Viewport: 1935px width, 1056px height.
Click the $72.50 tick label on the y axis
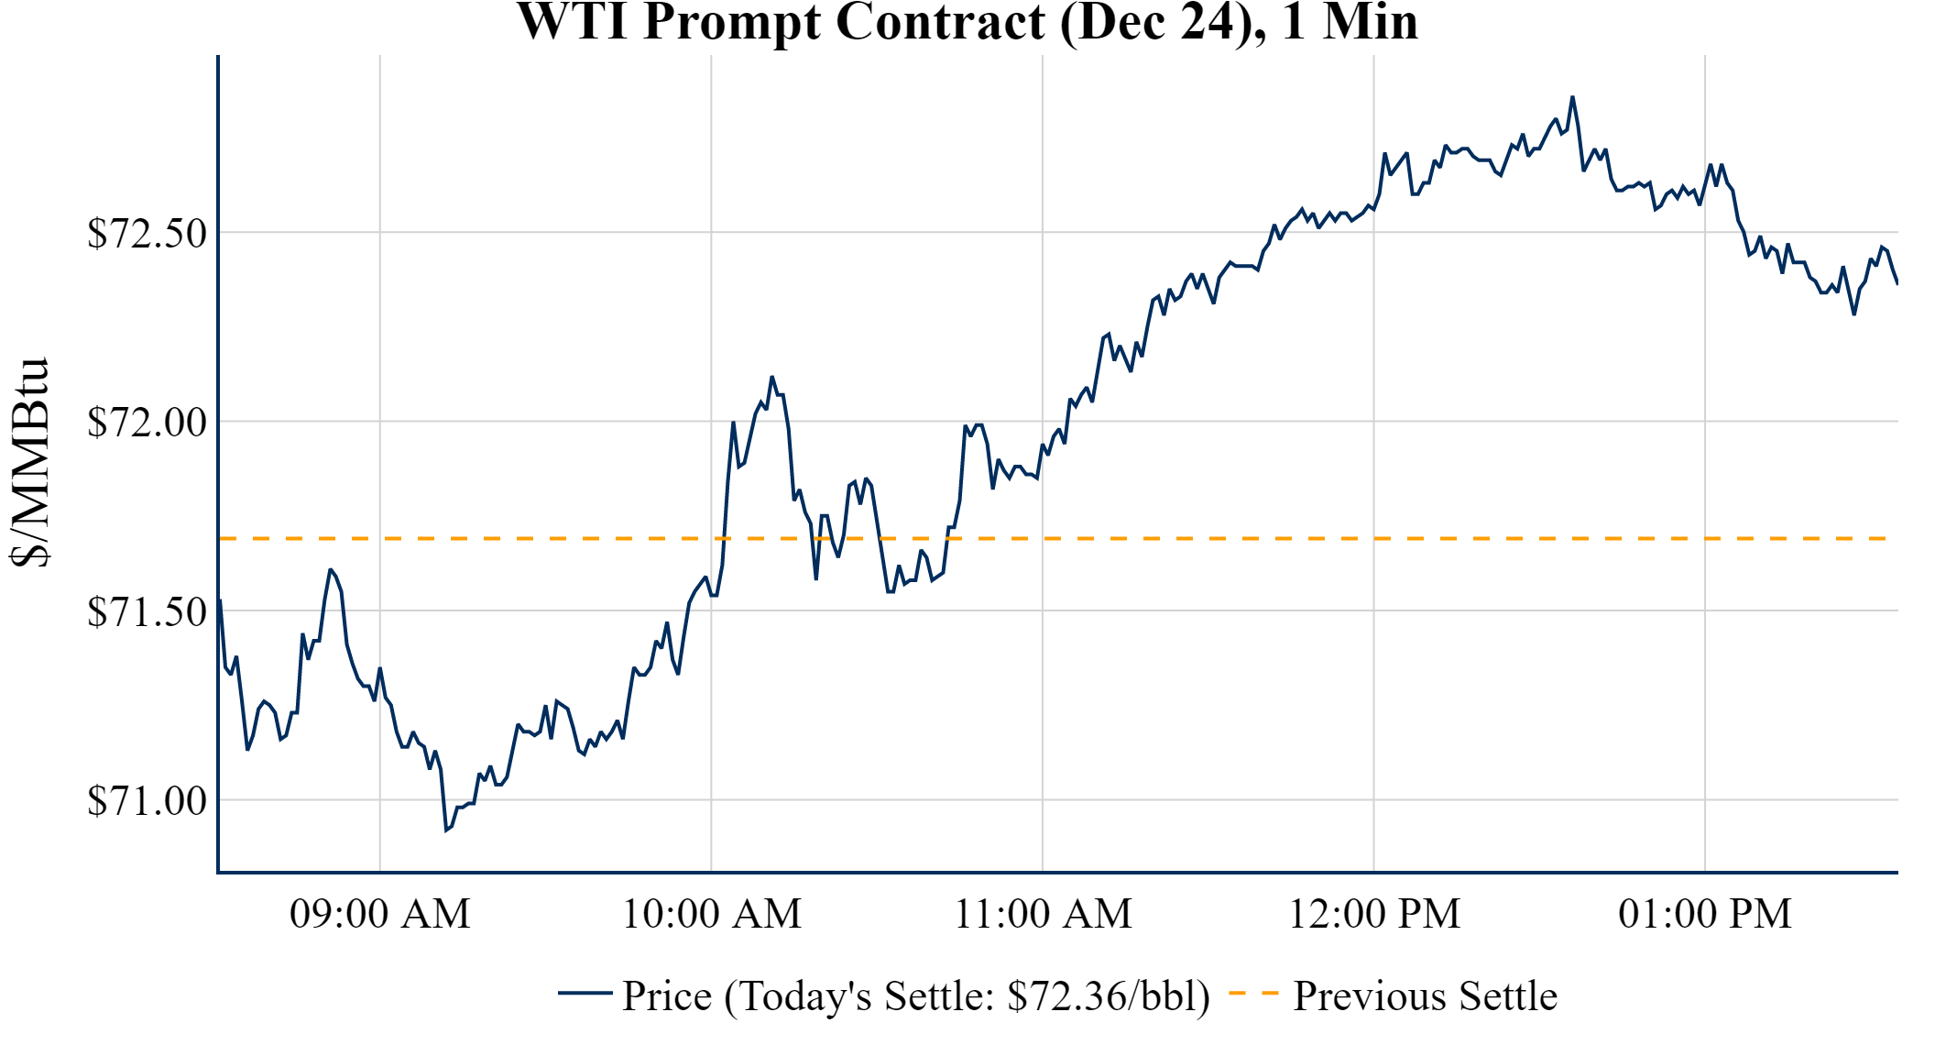pyautogui.click(x=147, y=234)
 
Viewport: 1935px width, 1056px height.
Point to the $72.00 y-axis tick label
pyautogui.click(x=147, y=423)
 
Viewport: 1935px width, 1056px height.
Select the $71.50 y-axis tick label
pyautogui.click(x=147, y=612)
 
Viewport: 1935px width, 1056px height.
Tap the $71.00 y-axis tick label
pyautogui.click(x=147, y=801)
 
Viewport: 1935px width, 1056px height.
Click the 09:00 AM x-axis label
pyautogui.click(x=380, y=914)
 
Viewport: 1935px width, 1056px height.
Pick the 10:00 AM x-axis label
pyautogui.click(x=712, y=914)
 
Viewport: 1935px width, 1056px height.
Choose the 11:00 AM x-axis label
pyautogui.click(x=1044, y=914)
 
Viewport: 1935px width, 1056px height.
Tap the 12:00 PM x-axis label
pyautogui.click(x=1374, y=914)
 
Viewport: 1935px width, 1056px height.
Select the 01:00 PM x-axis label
pyautogui.click(x=1705, y=914)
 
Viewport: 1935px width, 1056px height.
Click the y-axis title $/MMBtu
pyautogui.click(x=29, y=463)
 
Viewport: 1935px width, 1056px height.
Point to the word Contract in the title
pyautogui.click(x=940, y=22)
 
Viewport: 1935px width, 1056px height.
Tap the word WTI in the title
pyautogui.click(x=574, y=22)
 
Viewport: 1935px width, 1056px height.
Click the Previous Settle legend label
pyautogui.click(x=1425, y=996)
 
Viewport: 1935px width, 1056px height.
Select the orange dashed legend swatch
pyautogui.click(x=1253, y=993)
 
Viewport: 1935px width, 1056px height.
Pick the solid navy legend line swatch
pyautogui.click(x=585, y=993)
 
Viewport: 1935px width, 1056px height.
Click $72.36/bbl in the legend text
pyautogui.click(x=1108, y=996)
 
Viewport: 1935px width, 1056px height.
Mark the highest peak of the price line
pyautogui.click(x=1572, y=97)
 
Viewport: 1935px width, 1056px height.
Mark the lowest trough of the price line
pyautogui.click(x=446, y=830)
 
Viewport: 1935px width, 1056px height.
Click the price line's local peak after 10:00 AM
pyautogui.click(x=771, y=377)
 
